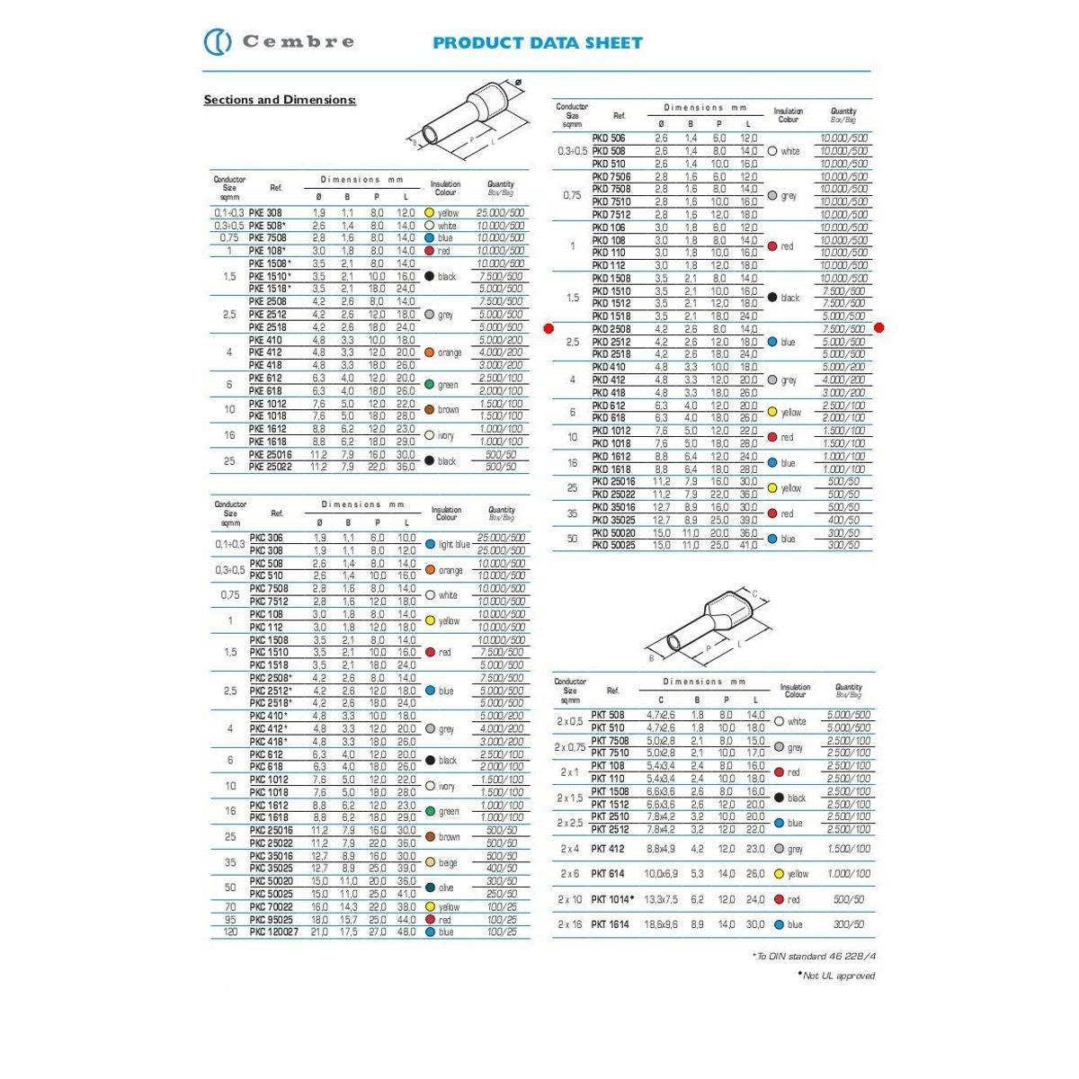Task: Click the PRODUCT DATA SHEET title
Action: click(x=537, y=42)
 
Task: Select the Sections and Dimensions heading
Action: click(x=280, y=100)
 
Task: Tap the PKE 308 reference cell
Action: click(x=265, y=213)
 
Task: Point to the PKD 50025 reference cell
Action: click(x=613, y=545)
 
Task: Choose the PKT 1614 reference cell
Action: click(x=609, y=924)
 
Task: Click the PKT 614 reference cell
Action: click(x=607, y=874)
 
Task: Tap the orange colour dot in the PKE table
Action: click(x=430, y=352)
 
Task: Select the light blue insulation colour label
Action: click(x=454, y=545)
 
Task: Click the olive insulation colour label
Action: click(x=446, y=887)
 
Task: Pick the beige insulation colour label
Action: click(x=447, y=862)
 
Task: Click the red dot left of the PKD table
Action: click(x=548, y=328)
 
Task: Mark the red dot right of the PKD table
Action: click(x=878, y=328)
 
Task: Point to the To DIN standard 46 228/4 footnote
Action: click(x=813, y=957)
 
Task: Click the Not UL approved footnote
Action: click(x=836, y=976)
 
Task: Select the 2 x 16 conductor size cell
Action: click(x=570, y=924)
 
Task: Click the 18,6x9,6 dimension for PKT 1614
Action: click(x=661, y=924)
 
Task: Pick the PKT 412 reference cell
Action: click(x=607, y=849)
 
